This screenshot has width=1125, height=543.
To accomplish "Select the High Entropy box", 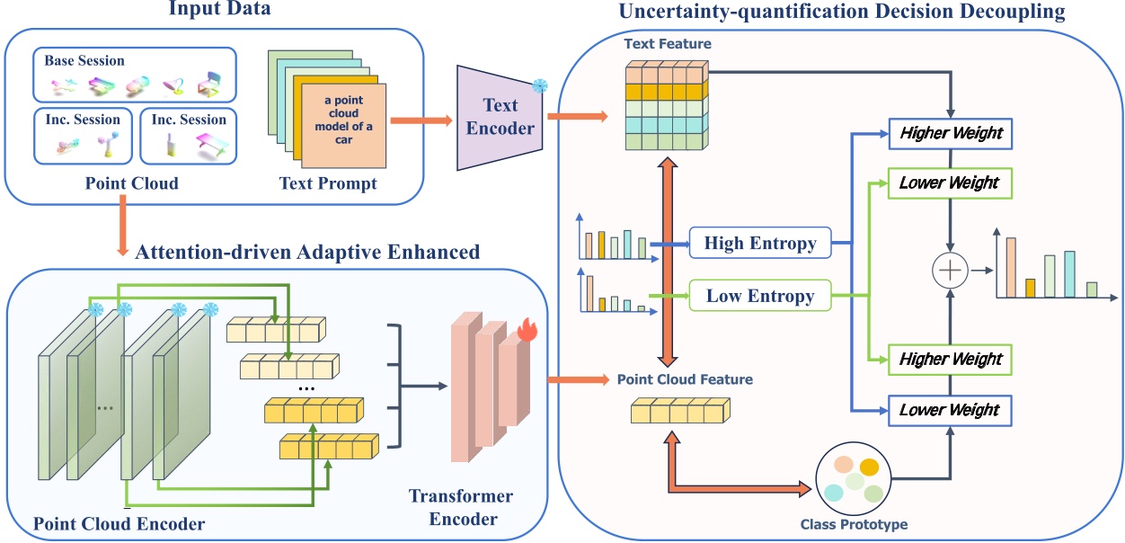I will click(759, 243).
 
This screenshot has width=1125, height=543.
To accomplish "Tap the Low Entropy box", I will click(759, 295).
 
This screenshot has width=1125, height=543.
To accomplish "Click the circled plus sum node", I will click(950, 269).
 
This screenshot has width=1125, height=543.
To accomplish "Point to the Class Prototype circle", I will click(854, 480).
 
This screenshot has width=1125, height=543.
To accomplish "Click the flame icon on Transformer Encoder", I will click(527, 331).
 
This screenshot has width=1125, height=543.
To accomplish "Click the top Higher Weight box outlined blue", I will click(950, 133).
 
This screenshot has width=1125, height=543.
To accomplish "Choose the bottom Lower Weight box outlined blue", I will click(950, 409).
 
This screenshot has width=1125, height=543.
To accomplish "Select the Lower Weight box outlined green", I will click(950, 182).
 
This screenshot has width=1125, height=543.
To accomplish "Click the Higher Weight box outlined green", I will click(950, 359).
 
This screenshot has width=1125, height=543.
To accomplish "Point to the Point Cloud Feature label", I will click(685, 379).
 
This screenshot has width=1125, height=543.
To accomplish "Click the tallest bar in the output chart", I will click(1011, 267).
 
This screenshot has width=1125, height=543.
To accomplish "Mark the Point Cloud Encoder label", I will click(120, 523).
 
